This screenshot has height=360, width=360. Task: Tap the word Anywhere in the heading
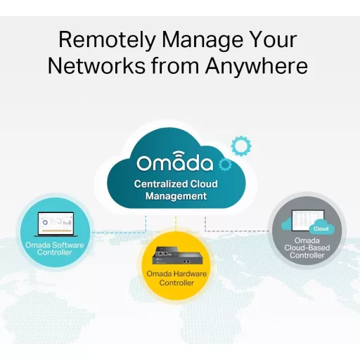256,66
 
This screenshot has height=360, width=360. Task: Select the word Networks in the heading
96,66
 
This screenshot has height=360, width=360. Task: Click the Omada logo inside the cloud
175,161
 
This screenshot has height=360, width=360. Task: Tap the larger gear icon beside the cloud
241,146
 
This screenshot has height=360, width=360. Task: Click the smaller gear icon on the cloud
225,165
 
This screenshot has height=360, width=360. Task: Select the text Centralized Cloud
176,184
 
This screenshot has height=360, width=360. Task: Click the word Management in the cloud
176,196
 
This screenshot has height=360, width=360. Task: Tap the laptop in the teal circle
56,224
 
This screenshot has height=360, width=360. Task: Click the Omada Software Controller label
55,249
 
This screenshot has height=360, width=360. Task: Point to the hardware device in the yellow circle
177,255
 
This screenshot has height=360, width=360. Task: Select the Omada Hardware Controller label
176,278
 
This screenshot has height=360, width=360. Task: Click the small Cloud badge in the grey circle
321,229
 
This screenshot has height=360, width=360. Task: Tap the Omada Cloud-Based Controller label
307,248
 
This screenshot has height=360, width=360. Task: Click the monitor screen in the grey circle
308,221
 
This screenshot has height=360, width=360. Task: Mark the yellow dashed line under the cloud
176,224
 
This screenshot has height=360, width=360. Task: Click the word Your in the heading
273,40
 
